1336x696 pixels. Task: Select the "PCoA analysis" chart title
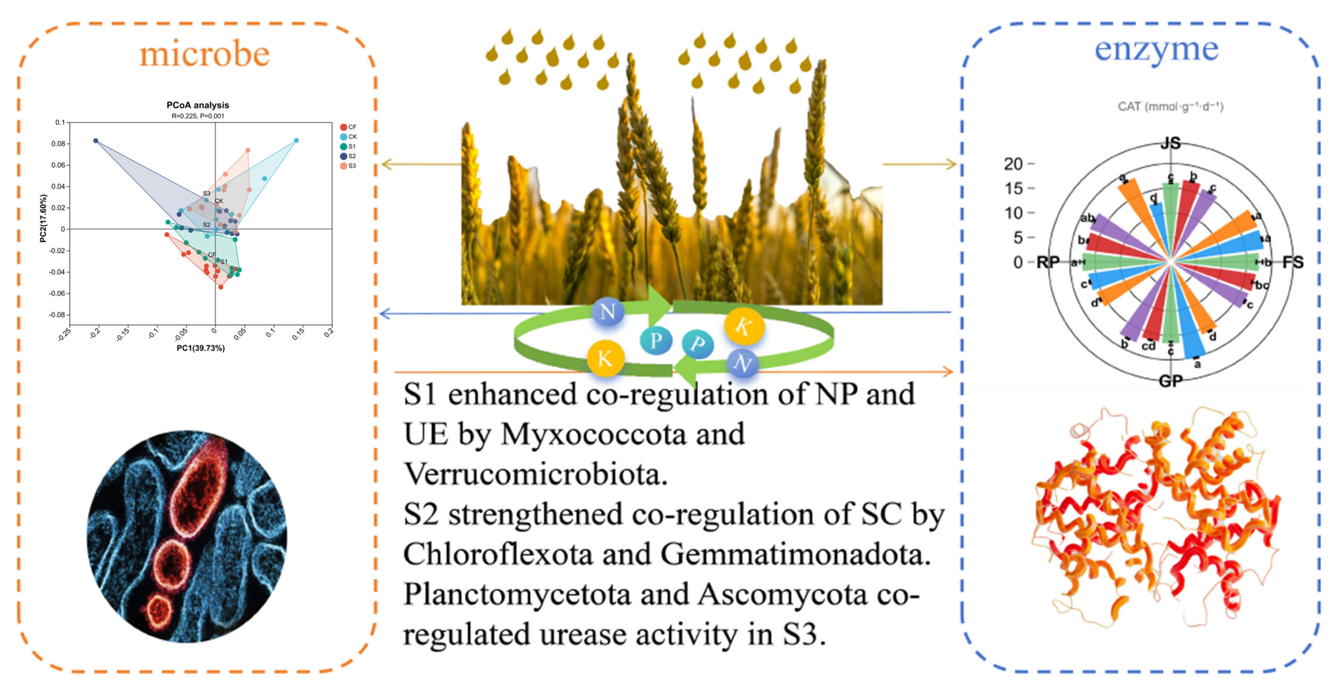point(198,105)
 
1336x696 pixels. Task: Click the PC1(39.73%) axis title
point(201,348)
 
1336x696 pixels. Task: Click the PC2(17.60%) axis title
point(44,218)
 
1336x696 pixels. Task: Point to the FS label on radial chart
point(1292,262)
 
